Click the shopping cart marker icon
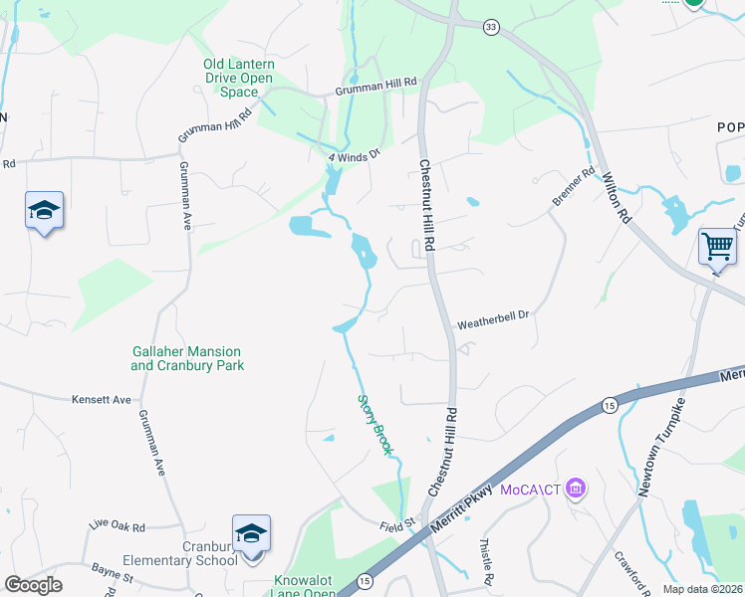click(x=717, y=245)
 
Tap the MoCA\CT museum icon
click(x=575, y=488)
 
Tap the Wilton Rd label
click(x=618, y=198)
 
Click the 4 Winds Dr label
click(x=355, y=156)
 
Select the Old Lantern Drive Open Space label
click(x=239, y=78)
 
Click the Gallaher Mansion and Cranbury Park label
click(x=187, y=358)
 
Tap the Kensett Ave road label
click(x=102, y=400)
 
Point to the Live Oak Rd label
click(x=117, y=525)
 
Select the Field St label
click(x=396, y=525)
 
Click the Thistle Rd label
click(x=487, y=563)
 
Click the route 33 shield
click(x=491, y=28)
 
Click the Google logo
click(x=33, y=585)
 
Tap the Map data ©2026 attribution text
click(x=702, y=590)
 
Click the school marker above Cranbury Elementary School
click(x=251, y=533)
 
